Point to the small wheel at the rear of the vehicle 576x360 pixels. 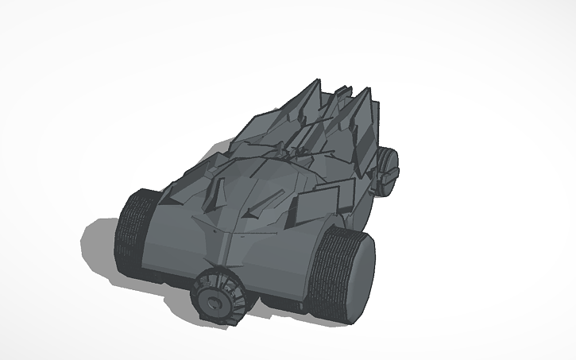click(x=388, y=170)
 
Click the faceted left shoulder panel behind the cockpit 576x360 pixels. click(x=254, y=131)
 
